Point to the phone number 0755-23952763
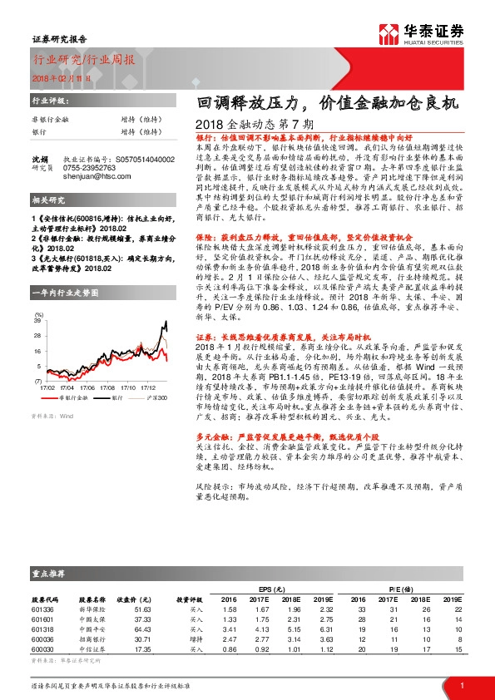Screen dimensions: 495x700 click(x=91, y=167)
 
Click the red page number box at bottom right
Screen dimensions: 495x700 click(x=461, y=685)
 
